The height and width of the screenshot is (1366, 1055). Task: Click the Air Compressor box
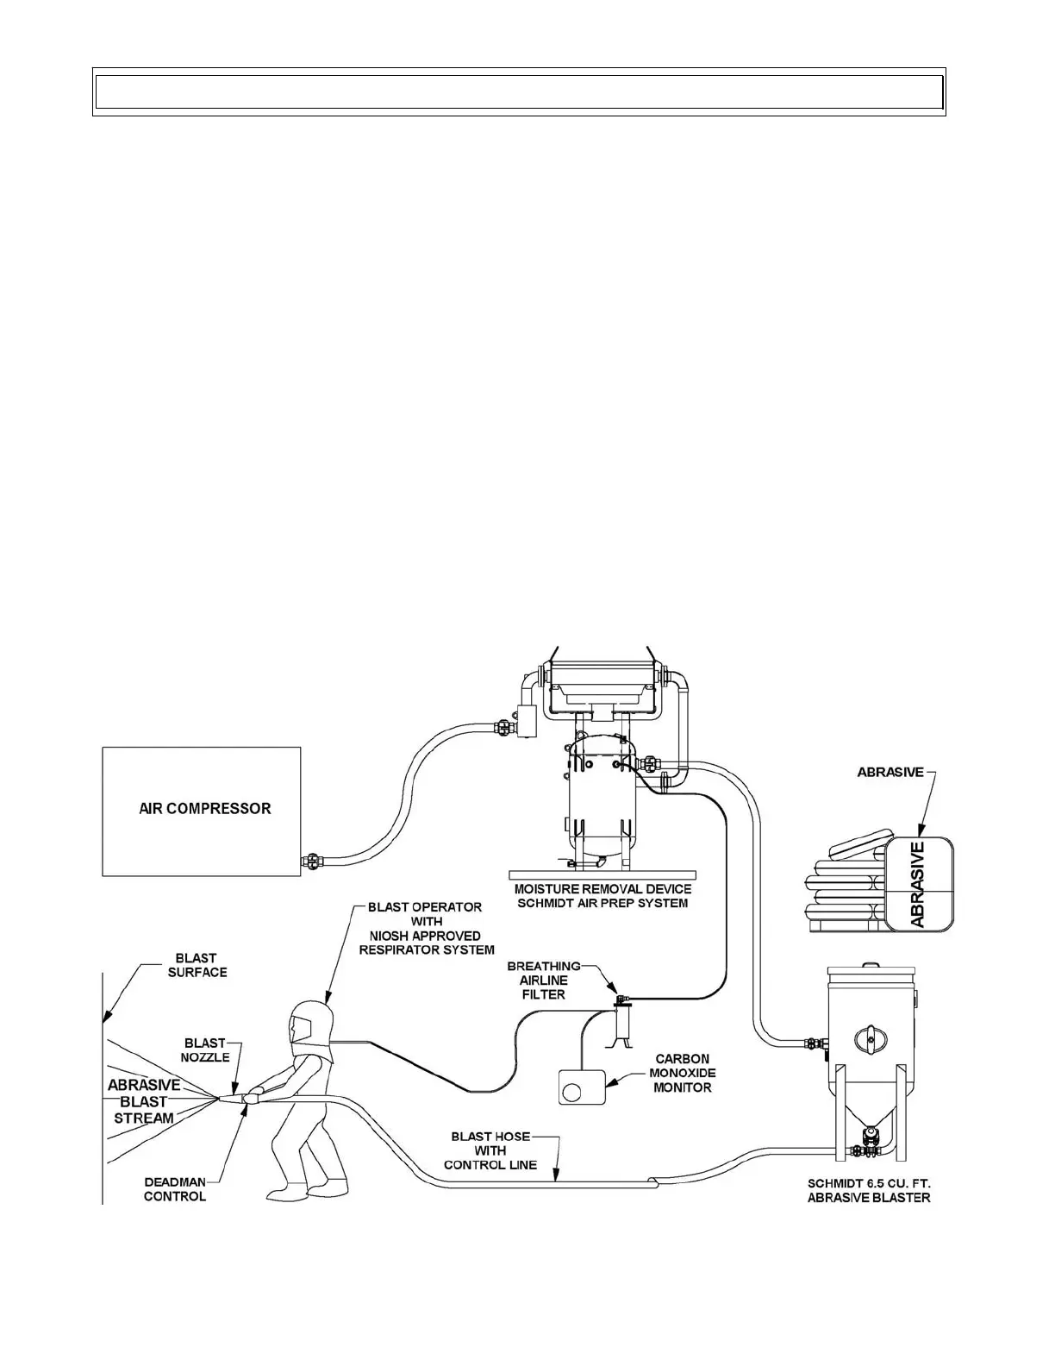click(202, 811)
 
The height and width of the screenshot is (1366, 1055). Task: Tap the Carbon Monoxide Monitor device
click(582, 1088)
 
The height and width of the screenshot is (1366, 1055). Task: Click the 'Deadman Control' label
click(175, 1189)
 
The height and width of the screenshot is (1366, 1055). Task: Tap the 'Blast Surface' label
click(197, 965)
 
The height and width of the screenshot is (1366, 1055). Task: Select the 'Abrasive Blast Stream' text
click(144, 1101)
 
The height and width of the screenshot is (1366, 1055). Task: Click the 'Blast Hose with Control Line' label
click(490, 1150)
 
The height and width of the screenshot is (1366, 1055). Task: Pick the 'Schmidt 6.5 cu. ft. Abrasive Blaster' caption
click(869, 1190)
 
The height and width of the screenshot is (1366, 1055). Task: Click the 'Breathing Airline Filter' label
click(543, 981)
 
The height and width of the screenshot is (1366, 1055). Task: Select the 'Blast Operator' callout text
click(425, 928)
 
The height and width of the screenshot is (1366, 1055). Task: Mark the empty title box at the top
click(519, 91)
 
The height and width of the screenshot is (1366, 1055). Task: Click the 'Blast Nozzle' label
click(205, 1050)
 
